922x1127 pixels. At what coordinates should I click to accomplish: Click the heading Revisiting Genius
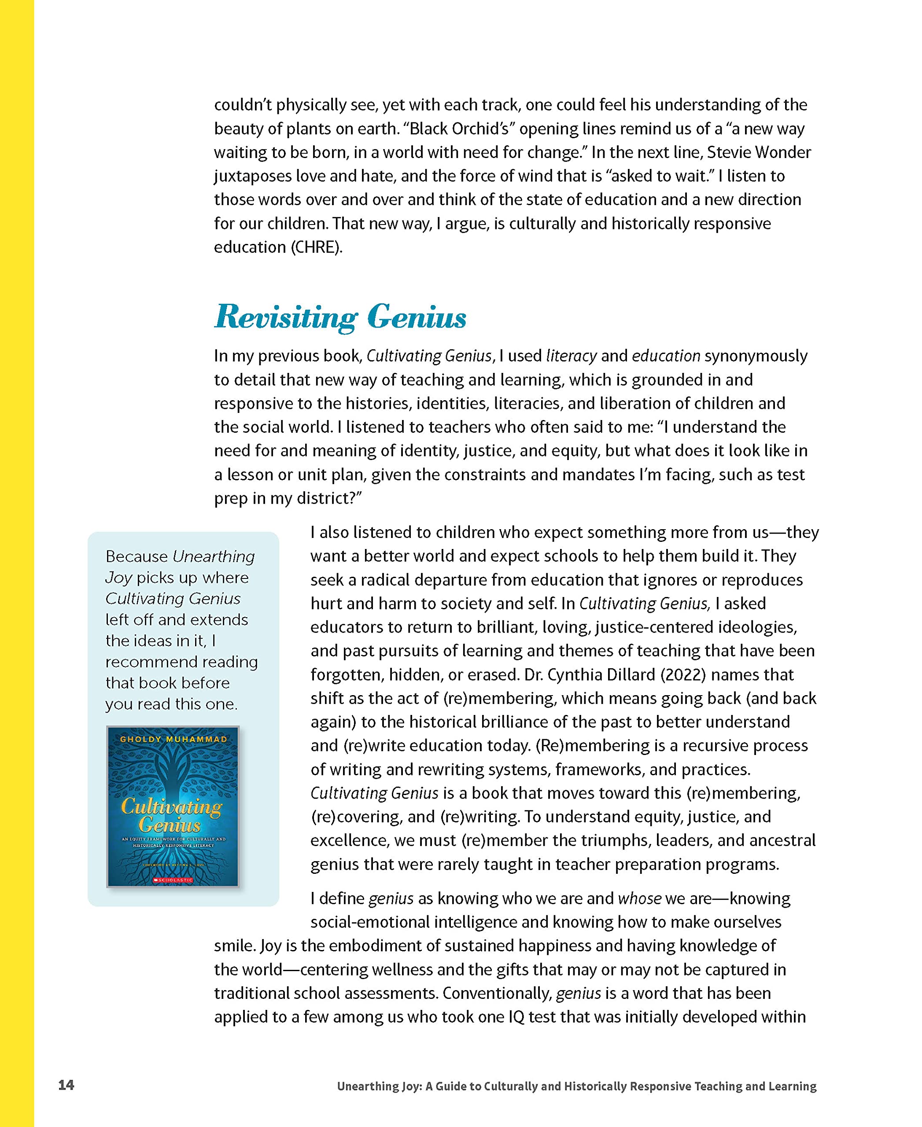[x=340, y=317]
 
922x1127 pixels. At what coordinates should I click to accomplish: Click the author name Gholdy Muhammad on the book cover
[x=173, y=739]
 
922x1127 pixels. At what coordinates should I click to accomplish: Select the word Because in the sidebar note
[x=136, y=556]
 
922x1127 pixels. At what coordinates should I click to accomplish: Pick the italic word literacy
[x=572, y=356]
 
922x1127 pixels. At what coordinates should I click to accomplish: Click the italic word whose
[x=639, y=898]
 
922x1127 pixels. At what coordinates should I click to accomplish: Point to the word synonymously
[x=756, y=356]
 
